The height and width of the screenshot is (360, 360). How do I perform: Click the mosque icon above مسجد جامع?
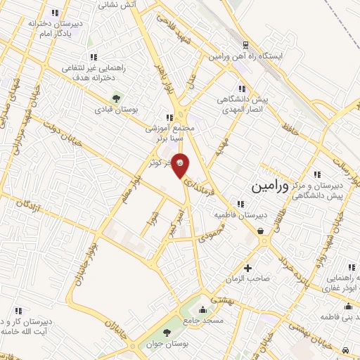click(202, 309)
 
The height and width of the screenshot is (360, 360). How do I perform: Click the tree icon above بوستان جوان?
click(167, 333)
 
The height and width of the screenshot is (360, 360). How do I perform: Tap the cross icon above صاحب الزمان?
click(247, 268)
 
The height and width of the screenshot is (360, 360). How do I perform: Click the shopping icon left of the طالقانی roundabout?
click(260, 230)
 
